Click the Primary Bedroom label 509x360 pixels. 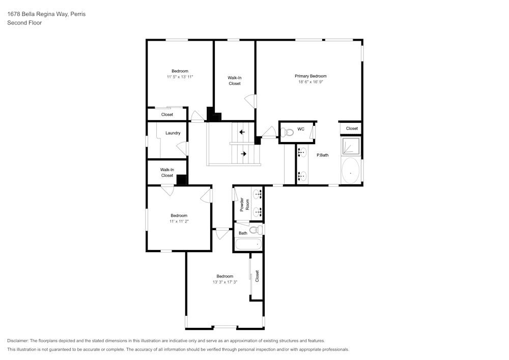[310, 76]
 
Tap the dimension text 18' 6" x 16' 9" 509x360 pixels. [310, 81]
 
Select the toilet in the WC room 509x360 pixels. [288, 132]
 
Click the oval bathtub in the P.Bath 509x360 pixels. [350, 171]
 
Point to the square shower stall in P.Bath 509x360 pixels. [350, 146]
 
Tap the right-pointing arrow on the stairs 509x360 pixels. [243, 153]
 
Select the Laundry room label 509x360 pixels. [173, 133]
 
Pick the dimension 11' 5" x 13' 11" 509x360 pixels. [180, 76]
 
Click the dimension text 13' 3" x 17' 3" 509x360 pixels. [224, 282]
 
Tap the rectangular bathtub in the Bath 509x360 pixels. [248, 244]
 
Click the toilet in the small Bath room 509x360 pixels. [259, 231]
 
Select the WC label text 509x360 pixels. [301, 129]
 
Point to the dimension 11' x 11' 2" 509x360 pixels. [179, 221]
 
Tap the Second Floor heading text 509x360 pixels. [24, 23]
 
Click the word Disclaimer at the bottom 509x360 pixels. [18, 341]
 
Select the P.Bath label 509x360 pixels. [322, 155]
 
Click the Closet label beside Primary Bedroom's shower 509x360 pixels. [352, 128]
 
